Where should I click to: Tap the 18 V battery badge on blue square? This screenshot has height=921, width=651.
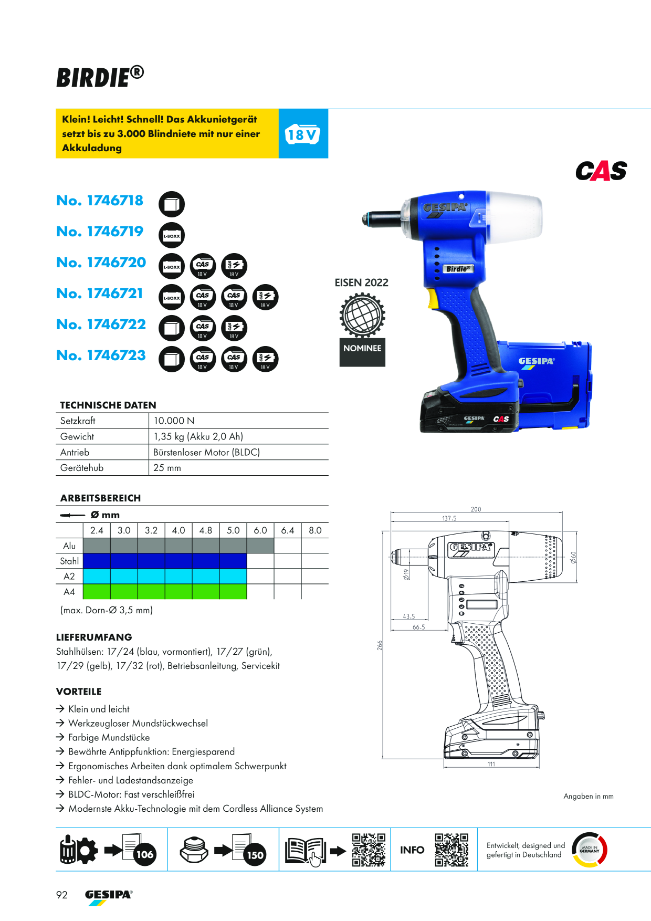click(302, 134)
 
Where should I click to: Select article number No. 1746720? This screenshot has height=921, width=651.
click(101, 263)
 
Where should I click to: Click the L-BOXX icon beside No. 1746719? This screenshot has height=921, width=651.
click(172, 235)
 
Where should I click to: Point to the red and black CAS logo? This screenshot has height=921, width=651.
click(601, 171)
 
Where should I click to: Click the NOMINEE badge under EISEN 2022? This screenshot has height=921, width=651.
click(362, 348)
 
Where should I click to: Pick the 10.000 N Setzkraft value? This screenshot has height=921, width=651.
click(174, 421)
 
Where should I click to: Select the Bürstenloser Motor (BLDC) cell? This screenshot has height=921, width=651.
click(206, 452)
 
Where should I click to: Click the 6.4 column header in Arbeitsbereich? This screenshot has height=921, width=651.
click(288, 530)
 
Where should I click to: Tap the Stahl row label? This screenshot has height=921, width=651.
click(69, 561)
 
